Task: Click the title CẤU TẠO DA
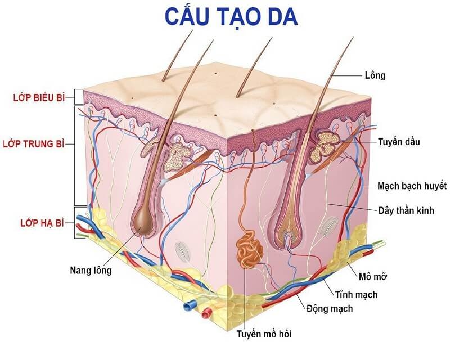coord(231,17)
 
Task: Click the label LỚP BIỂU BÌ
coord(39,97)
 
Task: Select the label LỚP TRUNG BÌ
coord(34,143)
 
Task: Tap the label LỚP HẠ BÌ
coord(42,223)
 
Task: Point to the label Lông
coord(375,75)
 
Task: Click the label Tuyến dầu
coord(399,142)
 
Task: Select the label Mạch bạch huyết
coord(412,186)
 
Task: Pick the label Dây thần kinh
coord(406,210)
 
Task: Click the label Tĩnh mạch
coord(356,295)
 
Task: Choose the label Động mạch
coord(330,309)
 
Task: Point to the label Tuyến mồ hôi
coord(264,334)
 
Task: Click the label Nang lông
coord(91,270)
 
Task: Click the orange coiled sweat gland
coord(249,250)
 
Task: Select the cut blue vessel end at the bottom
coord(189,306)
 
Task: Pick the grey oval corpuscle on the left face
coord(183,251)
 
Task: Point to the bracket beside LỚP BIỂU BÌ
coord(78,97)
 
